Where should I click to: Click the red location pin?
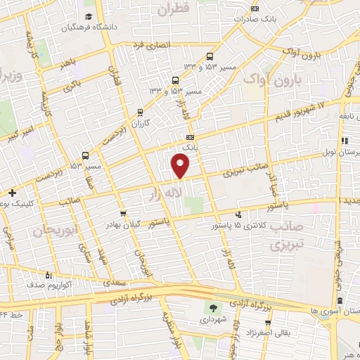point(181,165)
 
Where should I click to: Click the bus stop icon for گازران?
point(141,112)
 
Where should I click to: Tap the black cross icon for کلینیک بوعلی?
point(12,192)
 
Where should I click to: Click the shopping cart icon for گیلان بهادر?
point(124,213)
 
